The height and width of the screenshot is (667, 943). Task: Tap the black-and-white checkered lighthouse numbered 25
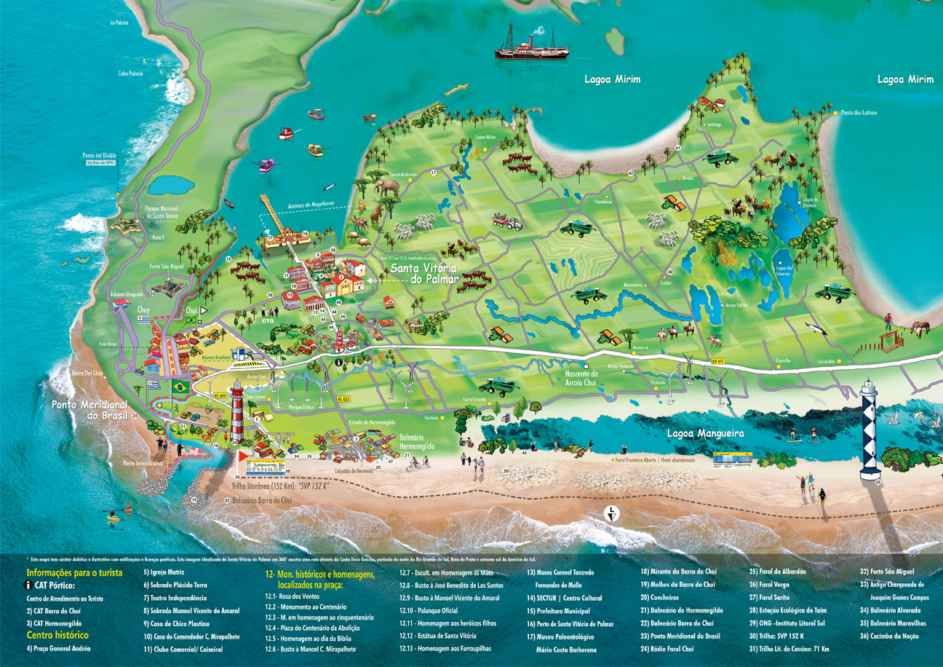[x=870, y=430]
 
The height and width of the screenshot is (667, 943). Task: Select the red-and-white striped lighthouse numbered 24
[x=237, y=411]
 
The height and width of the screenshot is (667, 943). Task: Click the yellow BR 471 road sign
[x=717, y=361]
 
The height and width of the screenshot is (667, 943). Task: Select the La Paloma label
[x=119, y=23]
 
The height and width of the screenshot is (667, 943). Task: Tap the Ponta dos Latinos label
[x=859, y=113]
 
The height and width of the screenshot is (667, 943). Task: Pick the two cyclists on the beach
[x=418, y=464]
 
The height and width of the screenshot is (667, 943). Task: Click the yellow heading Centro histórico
[x=57, y=635]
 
